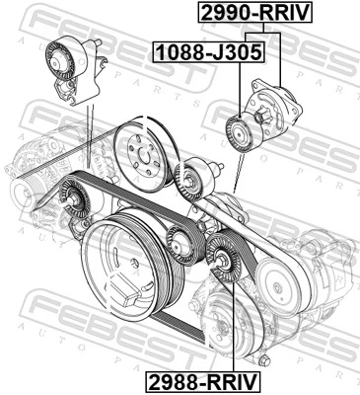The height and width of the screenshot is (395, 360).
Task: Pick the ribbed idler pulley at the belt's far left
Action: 74,200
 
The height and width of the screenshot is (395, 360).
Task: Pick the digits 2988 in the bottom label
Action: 175,382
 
